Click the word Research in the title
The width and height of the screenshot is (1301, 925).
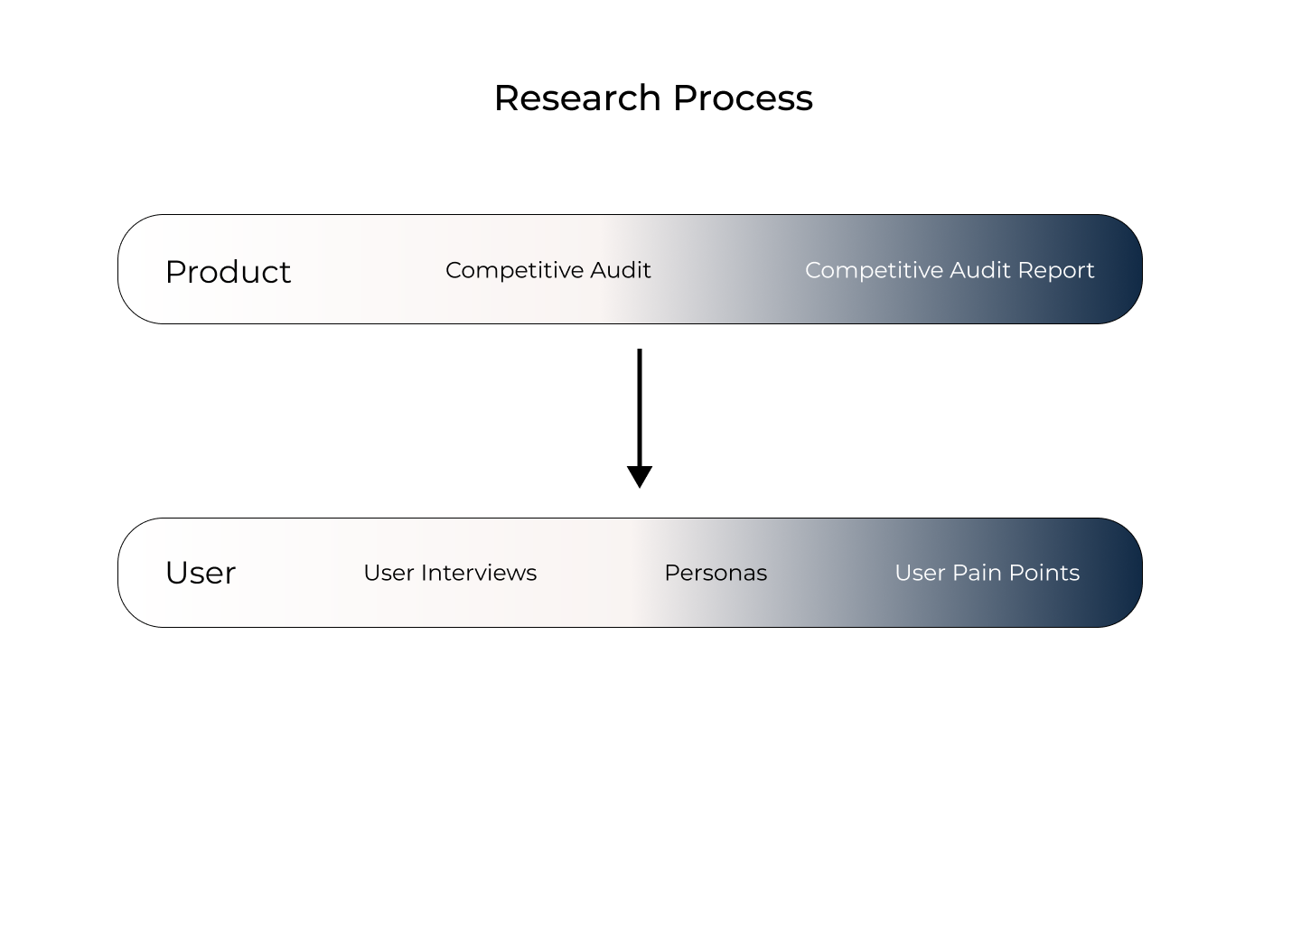pyautogui.click(x=577, y=98)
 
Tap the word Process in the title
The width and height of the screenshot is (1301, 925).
pyautogui.click(x=743, y=98)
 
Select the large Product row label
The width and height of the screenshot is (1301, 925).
pyautogui.click(x=228, y=272)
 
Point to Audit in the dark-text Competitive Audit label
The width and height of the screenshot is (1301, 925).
pyautogui.click(x=620, y=270)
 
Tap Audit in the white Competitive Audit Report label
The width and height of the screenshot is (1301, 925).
pyautogui.click(x=979, y=270)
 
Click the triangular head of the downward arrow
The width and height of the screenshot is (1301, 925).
pyautogui.click(x=640, y=477)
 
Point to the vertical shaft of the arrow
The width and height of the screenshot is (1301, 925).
pyautogui.click(x=640, y=407)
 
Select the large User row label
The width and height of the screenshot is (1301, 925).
pyautogui.click(x=201, y=573)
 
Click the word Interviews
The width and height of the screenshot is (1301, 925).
pyautogui.click(x=479, y=573)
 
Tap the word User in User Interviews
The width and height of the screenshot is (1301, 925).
pyautogui.click(x=388, y=573)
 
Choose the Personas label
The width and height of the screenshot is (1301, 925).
pyautogui.click(x=716, y=573)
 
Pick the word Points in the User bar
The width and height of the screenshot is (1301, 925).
pyautogui.click(x=1044, y=573)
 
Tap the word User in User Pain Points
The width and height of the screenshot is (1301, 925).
pyautogui.click(x=920, y=573)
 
